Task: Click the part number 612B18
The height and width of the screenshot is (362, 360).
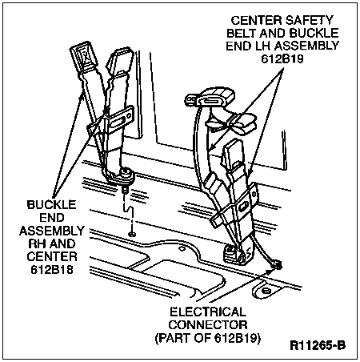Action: pos(52,270)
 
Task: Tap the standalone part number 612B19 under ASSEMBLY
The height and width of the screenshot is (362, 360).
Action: pos(282,58)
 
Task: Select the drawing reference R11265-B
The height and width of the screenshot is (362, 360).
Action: pos(318,345)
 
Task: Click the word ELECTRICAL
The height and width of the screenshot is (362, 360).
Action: pos(208,312)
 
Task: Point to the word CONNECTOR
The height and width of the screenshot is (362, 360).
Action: pos(208,325)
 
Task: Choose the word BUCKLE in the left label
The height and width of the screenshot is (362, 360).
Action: pos(52,204)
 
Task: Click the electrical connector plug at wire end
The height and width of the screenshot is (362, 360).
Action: pos(278,265)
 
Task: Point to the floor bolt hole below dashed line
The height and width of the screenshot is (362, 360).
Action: pos(131,235)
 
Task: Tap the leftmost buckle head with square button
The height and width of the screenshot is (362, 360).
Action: pos(82,58)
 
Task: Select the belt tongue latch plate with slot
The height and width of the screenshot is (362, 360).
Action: pos(210,99)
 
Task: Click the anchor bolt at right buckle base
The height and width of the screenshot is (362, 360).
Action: pos(229,251)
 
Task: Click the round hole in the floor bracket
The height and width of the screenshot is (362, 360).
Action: pos(265,290)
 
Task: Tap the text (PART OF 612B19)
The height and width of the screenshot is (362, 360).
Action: pos(208,338)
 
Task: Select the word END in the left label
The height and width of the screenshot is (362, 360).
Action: pos(52,218)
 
